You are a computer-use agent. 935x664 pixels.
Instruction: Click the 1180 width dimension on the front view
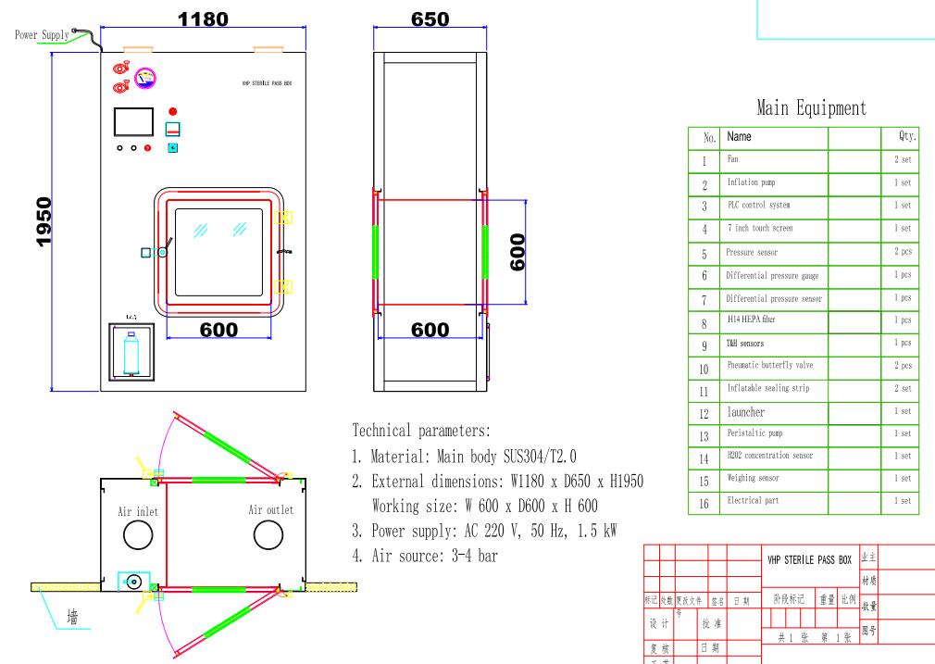(203, 19)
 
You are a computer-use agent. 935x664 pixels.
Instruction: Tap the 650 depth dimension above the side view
(430, 19)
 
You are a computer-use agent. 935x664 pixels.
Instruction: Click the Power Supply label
(42, 35)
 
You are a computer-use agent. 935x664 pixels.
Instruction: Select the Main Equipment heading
(811, 108)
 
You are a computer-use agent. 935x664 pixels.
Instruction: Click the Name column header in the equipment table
(739, 137)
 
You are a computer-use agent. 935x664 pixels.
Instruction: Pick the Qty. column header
(907, 136)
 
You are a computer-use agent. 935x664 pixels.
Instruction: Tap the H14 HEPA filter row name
(751, 319)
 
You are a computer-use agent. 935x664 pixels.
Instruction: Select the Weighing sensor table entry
(753, 479)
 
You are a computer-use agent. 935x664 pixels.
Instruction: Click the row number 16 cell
(704, 504)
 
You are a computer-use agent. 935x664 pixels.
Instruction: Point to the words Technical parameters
(421, 431)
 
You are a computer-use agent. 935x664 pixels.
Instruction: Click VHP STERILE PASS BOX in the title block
(809, 560)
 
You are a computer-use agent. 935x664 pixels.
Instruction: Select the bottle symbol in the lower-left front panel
(131, 350)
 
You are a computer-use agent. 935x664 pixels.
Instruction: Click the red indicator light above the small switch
(172, 112)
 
